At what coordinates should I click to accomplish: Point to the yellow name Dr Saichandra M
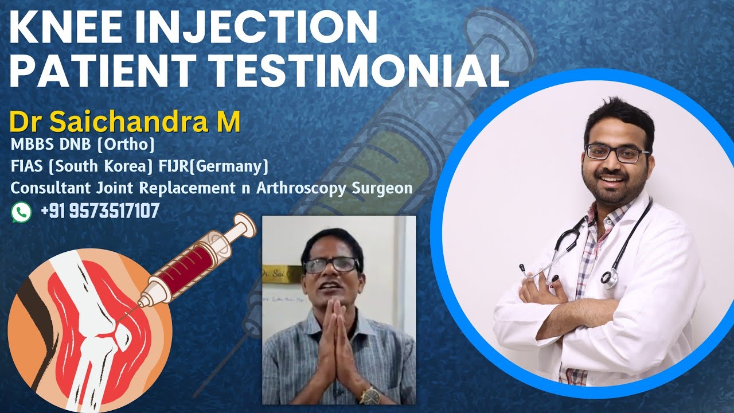[124, 122]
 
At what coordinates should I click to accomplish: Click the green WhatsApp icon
[21, 212]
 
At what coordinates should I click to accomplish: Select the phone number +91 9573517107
[100, 212]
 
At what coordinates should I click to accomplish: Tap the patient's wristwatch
[370, 394]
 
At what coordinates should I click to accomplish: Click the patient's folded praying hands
[339, 344]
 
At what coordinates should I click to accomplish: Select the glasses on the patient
[331, 265]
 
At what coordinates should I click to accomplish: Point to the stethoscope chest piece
[610, 278]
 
